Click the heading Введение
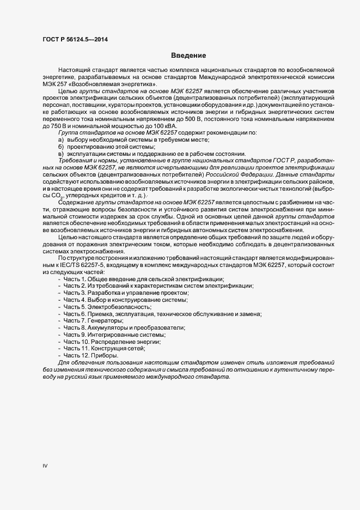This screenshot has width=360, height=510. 188,56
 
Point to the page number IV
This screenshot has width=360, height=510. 45,466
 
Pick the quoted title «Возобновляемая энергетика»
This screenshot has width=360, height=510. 121,84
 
